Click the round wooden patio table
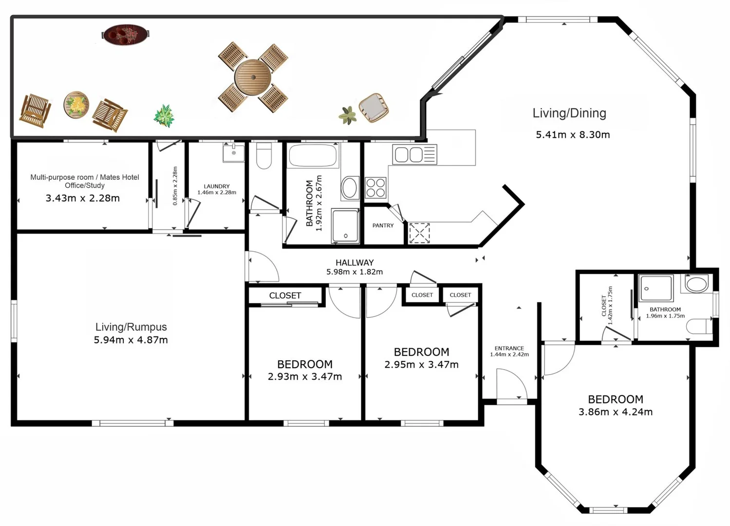pos(253,77)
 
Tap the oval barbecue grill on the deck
pos(126,34)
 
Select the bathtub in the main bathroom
pos(313,156)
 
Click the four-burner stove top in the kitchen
pos(375,188)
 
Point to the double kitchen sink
pos(414,154)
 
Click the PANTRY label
pos(383,225)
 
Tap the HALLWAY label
pos(355,263)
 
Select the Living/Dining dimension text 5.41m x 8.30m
pos(573,134)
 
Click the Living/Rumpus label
pos(131,327)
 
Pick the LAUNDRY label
pos(217,187)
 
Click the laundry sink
pos(233,152)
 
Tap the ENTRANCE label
pos(509,348)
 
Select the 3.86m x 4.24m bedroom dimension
pos(616,412)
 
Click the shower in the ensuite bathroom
pos(656,288)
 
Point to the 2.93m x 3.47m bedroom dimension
pos(305,377)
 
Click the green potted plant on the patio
pos(164,116)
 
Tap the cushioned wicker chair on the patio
pos(374,108)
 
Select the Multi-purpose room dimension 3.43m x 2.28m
pos(82,198)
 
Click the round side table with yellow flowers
pos(76,105)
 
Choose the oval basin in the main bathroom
pos(349,188)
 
